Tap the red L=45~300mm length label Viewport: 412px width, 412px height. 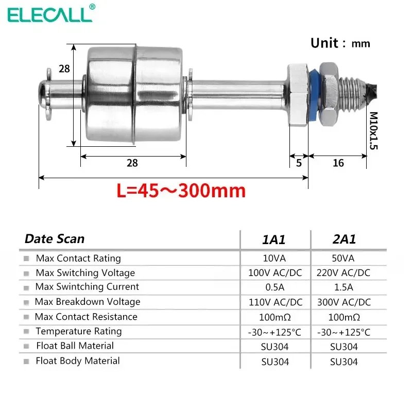pyautogui.click(x=181, y=191)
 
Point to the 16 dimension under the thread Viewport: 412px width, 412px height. pyautogui.click(x=338, y=163)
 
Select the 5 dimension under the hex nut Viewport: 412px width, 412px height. pyautogui.click(x=299, y=163)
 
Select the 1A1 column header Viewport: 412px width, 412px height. pyautogui.click(x=274, y=239)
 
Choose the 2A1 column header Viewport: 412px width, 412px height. pyautogui.click(x=344, y=239)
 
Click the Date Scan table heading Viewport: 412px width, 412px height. pyautogui.click(x=55, y=239)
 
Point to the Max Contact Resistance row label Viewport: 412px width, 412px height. pyautogui.click(x=86, y=317)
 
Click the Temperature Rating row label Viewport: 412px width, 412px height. pyautogui.click(x=78, y=331)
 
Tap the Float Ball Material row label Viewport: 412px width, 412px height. pyautogui.click(x=75, y=346)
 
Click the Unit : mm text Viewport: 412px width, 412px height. pyautogui.click(x=340, y=43)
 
